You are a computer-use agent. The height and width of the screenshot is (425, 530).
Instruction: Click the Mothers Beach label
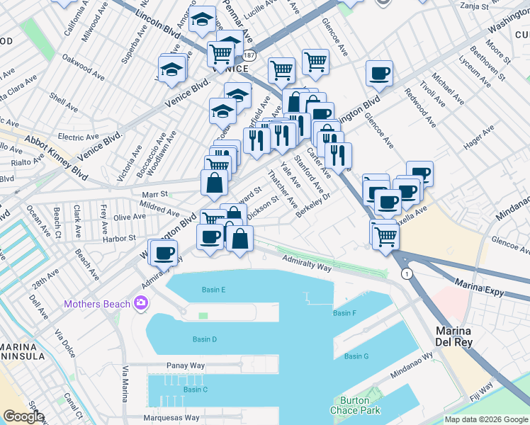pyautogui.click(x=97, y=305)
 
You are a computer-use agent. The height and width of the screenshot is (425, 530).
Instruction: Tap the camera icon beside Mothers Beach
pyautogui.click(x=141, y=304)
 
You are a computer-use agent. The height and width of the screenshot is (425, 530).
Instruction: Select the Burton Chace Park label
pyautogui.click(x=355, y=405)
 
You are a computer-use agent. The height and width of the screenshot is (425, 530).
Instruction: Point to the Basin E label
pyautogui.click(x=213, y=290)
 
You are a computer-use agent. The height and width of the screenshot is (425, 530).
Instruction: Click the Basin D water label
pyautogui.click(x=204, y=339)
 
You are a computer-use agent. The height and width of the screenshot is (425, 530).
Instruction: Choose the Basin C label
pyautogui.click(x=195, y=389)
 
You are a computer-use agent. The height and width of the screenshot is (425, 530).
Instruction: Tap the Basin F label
pyautogui.click(x=344, y=312)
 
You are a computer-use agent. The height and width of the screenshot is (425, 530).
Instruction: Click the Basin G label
pyautogui.click(x=356, y=356)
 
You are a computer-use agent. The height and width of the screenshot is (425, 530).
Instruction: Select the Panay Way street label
pyautogui.click(x=186, y=365)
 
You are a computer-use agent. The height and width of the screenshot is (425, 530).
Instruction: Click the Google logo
pyautogui.click(x=23, y=416)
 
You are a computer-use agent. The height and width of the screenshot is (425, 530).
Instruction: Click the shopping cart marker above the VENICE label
pyautogui.click(x=221, y=53)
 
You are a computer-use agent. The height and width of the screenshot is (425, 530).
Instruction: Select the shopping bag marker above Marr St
pyautogui.click(x=214, y=183)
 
